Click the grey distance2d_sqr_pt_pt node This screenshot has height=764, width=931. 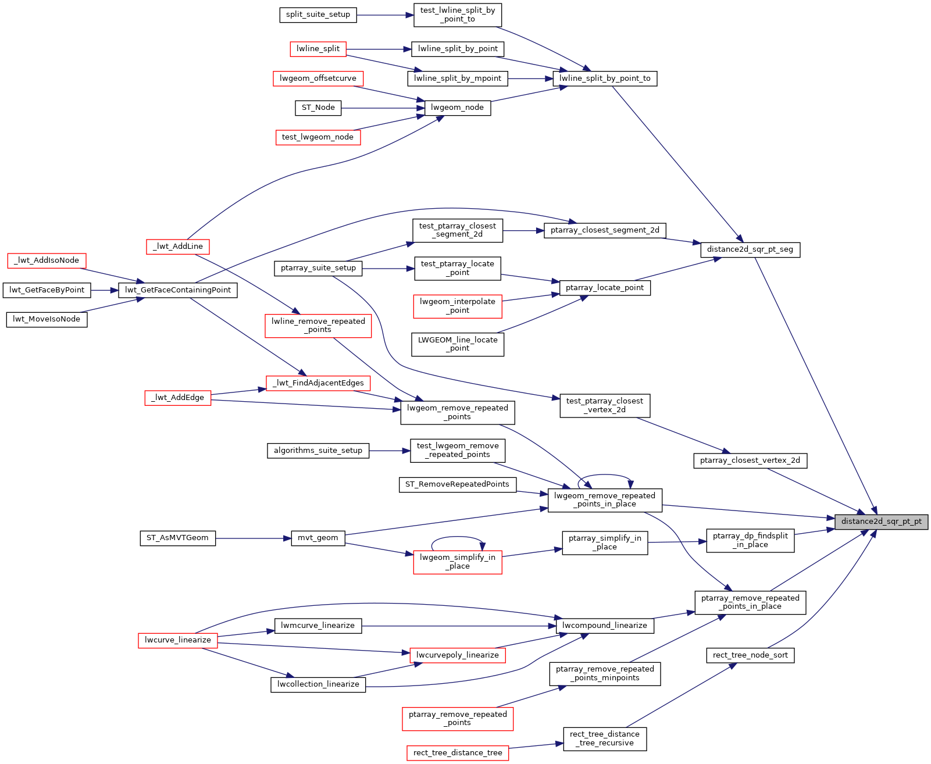(881, 522)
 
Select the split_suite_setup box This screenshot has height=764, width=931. (318, 15)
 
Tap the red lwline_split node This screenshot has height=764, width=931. (318, 49)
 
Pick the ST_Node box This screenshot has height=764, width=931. (318, 108)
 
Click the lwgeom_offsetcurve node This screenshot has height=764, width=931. (318, 78)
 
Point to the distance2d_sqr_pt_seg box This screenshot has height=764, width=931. (750, 249)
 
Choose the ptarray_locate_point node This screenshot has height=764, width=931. (604, 288)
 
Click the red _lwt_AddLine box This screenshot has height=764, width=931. (177, 247)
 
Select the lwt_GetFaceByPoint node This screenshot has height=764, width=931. (47, 290)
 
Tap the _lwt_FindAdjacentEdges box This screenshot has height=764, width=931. (318, 383)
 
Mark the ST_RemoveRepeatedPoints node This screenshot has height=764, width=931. (457, 484)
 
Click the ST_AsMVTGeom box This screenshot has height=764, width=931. (177, 538)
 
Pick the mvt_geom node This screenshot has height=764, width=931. (318, 538)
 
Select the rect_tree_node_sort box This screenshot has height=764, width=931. (750, 655)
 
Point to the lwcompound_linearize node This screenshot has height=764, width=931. (604, 626)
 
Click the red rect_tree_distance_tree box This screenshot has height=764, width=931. (457, 753)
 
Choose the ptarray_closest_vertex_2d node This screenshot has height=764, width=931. (750, 460)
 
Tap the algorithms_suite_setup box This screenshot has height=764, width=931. (318, 451)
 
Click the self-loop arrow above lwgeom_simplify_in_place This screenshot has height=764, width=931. (457, 537)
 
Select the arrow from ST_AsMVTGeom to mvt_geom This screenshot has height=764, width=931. (253, 538)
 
